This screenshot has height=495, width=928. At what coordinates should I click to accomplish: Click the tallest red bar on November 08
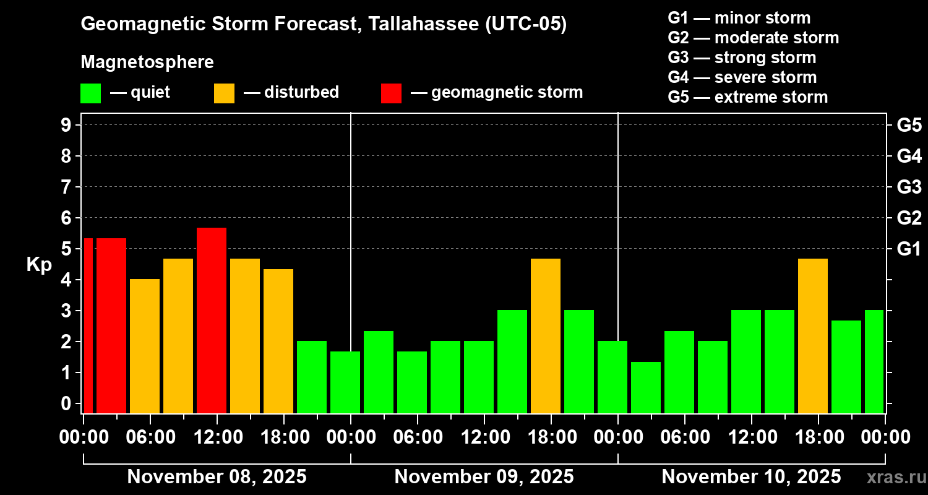211,320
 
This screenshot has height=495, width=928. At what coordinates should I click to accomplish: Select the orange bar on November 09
546,335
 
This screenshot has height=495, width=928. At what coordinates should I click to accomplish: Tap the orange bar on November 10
813,335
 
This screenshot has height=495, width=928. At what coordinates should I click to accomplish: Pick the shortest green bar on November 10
646,387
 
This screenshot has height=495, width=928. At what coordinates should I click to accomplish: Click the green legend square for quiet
90,93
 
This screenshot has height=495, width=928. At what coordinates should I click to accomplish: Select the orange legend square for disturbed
224,93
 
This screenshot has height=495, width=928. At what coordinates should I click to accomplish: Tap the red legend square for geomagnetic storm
391,93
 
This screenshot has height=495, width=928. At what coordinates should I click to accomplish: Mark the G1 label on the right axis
909,249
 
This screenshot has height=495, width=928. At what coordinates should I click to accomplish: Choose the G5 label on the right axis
909,126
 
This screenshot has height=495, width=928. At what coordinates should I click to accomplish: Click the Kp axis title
39,265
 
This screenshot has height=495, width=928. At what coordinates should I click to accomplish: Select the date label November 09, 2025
484,477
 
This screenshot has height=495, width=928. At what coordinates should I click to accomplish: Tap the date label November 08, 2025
217,477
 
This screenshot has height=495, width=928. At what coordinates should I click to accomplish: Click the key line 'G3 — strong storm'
742,58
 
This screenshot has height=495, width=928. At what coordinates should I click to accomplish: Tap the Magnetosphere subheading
147,62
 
